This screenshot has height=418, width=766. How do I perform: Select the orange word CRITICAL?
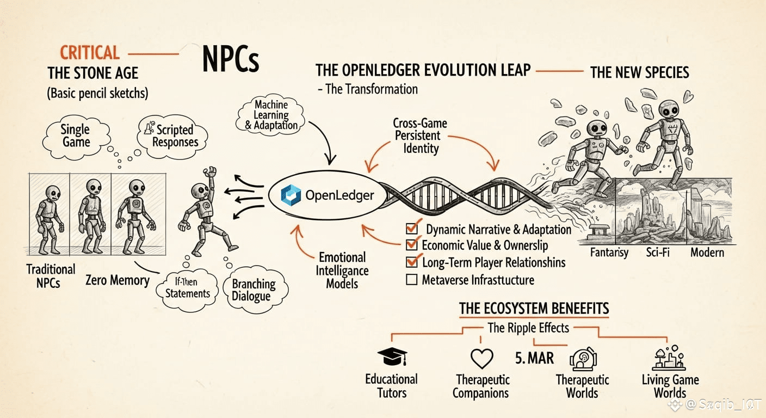(89, 53)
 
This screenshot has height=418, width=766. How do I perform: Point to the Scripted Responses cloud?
(175, 136)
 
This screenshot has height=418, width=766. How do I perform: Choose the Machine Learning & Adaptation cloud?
(271, 115)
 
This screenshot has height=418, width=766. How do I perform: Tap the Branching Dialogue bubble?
(254, 290)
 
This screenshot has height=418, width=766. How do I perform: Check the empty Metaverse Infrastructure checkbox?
(412, 280)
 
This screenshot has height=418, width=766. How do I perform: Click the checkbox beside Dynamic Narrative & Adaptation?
(412, 228)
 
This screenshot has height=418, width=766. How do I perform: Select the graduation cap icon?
(392, 357)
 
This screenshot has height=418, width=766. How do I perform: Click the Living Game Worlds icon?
(668, 358)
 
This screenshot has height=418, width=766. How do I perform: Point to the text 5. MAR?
(534, 358)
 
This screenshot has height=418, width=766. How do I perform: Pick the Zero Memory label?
(117, 281)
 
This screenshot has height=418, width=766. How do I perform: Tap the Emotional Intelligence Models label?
(342, 271)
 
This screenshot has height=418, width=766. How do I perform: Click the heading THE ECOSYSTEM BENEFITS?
(534, 309)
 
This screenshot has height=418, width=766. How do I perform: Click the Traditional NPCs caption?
(51, 276)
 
